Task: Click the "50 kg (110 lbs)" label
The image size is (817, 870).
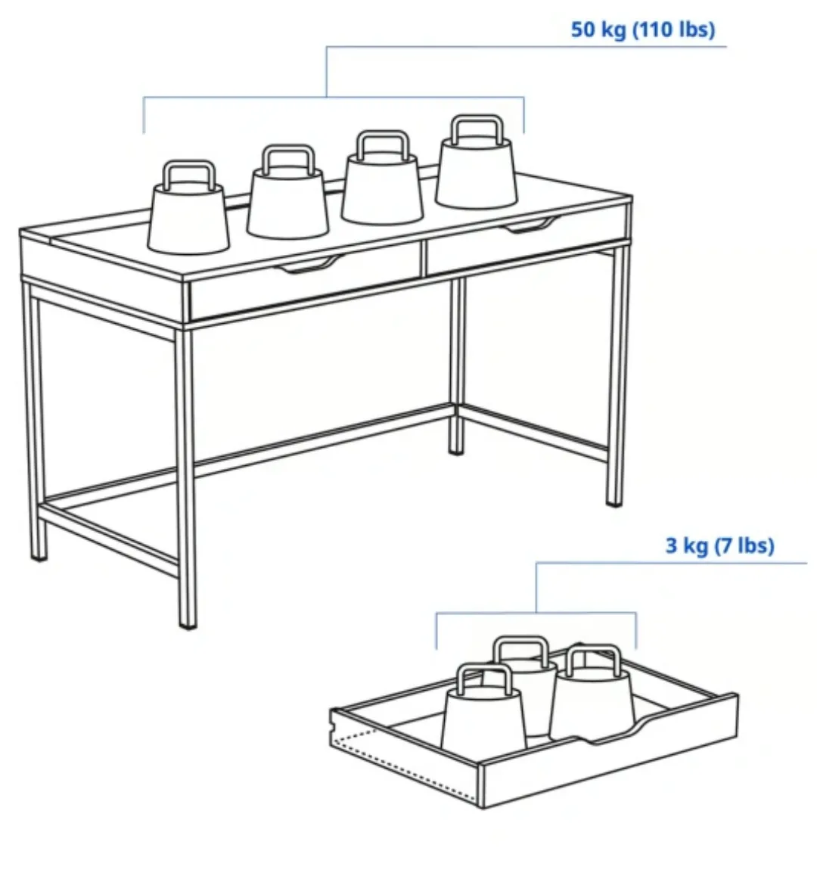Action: point(642,30)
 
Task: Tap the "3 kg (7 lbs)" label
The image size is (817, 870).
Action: point(719,545)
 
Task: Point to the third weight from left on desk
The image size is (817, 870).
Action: point(382,189)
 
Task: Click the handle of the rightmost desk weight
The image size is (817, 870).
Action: point(477,128)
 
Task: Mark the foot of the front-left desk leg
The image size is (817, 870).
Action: point(39,555)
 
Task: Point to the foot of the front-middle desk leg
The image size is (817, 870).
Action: point(187,622)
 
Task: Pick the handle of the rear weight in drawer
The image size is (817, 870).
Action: point(521,650)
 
